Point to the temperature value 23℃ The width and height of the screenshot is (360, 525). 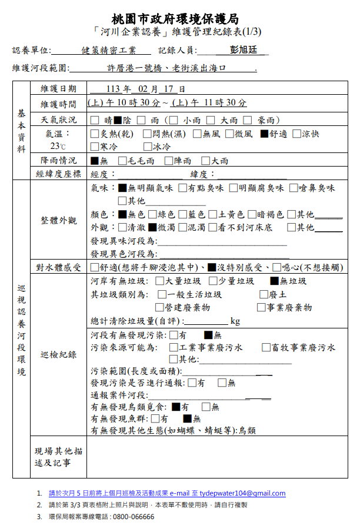click(58, 146)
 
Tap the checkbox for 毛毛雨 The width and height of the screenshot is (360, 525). click(122, 161)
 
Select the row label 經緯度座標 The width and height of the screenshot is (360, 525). click(58, 174)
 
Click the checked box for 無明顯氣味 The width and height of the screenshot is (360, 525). click(122, 188)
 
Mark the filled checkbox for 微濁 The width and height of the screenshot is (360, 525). click(152, 227)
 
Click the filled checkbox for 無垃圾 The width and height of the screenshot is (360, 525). click(274, 281)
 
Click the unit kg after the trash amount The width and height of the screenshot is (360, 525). click(235, 321)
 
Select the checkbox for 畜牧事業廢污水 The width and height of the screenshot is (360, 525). click(266, 348)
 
